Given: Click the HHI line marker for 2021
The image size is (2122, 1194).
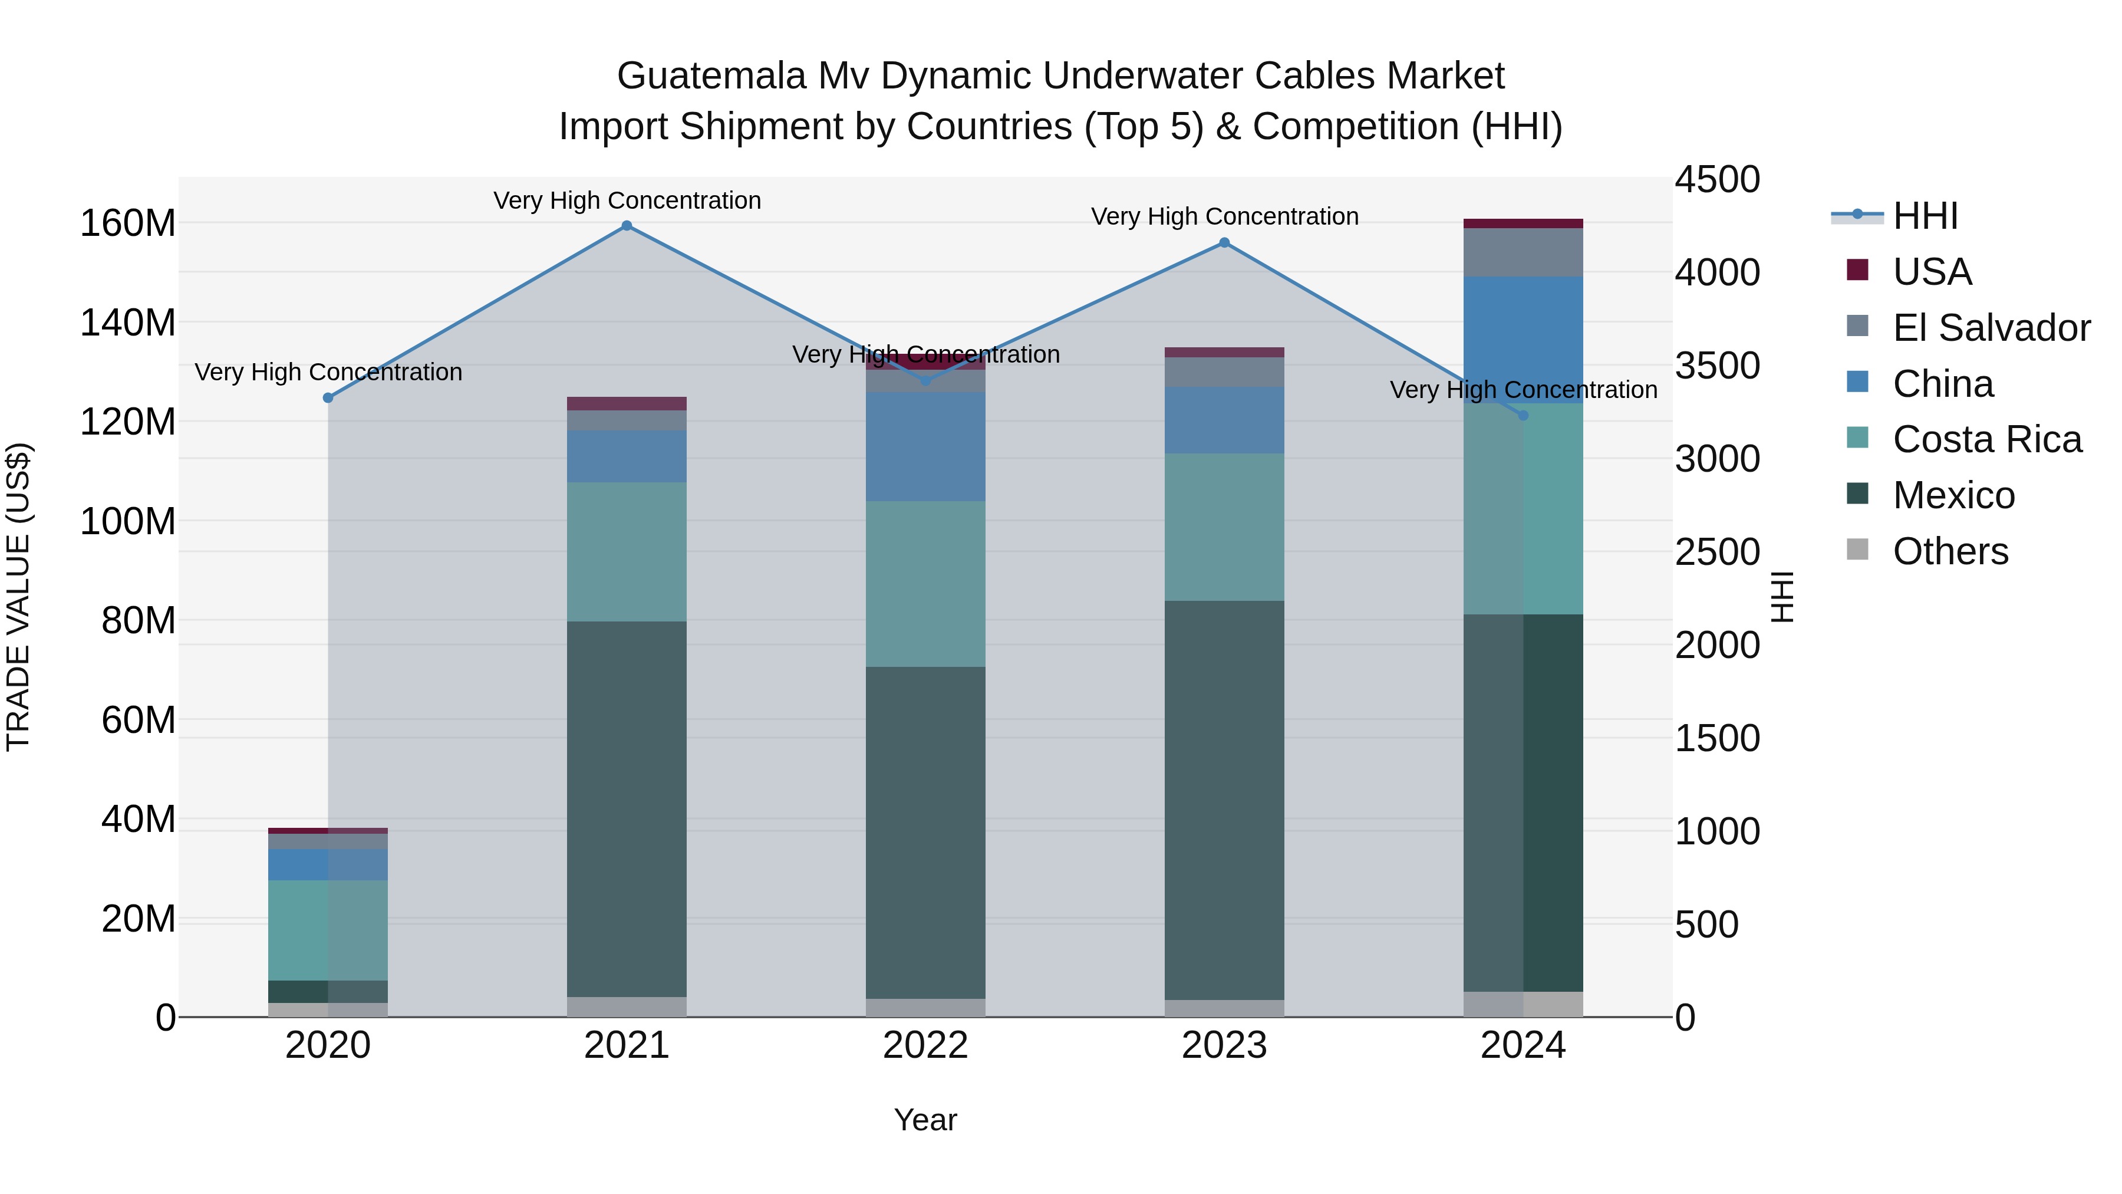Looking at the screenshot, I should point(627,226).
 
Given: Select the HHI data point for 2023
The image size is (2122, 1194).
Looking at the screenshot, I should point(1224,242).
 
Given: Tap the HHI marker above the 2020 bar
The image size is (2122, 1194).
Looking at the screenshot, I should point(328,398).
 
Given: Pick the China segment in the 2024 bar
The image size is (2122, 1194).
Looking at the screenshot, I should point(1523,340).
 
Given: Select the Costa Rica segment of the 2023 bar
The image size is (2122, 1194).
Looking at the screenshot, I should point(1224,527).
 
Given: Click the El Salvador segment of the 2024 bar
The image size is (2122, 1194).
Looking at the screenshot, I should point(1523,252).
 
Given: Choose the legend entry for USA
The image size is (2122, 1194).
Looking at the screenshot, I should point(1932,272).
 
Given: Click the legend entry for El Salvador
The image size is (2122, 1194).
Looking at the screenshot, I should point(1991,328).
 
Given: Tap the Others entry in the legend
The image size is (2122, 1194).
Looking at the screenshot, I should point(1950,551).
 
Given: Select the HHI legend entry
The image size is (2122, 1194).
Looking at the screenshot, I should point(1925,216).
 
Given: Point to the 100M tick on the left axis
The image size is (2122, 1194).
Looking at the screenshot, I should point(128,522).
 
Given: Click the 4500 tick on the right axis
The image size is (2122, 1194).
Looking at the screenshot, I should point(1718,180).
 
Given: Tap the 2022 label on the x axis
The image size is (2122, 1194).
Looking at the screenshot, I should point(925,1045).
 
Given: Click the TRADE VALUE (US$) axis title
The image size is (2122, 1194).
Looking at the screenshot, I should point(18,597).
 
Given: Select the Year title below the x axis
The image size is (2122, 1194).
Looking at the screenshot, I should point(925,1120).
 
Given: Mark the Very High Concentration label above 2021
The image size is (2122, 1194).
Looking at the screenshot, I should point(627,200).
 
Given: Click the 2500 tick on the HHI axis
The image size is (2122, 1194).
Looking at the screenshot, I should point(1718,552).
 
